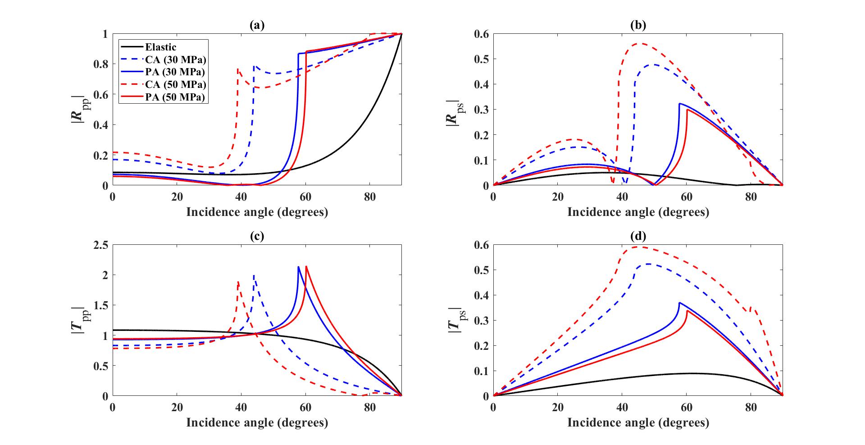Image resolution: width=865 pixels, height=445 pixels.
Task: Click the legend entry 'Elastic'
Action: (160, 47)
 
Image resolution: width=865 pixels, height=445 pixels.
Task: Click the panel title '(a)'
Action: (257, 26)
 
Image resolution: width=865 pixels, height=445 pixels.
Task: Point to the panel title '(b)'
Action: (638, 26)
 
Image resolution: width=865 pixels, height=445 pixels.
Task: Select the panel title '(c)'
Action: (257, 236)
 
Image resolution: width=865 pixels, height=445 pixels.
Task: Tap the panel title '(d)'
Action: (638, 236)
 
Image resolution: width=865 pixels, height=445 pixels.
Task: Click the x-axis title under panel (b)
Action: (638, 212)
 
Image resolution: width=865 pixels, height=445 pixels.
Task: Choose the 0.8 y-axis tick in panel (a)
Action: (102, 64)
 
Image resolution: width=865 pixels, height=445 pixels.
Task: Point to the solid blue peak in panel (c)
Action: (298, 267)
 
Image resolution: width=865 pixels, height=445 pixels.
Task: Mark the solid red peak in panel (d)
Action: (687, 311)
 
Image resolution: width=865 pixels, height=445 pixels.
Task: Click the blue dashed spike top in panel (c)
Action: (254, 275)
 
